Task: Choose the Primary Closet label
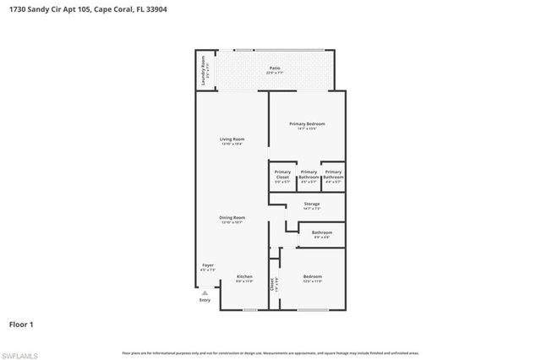point(282,176)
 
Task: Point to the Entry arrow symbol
point(205,292)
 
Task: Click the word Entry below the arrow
point(205,300)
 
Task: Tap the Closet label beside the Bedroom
point(273,285)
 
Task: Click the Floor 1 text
point(21,324)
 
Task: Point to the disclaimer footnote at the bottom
point(270,352)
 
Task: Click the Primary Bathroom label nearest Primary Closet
point(309,176)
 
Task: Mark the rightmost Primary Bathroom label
point(333,176)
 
